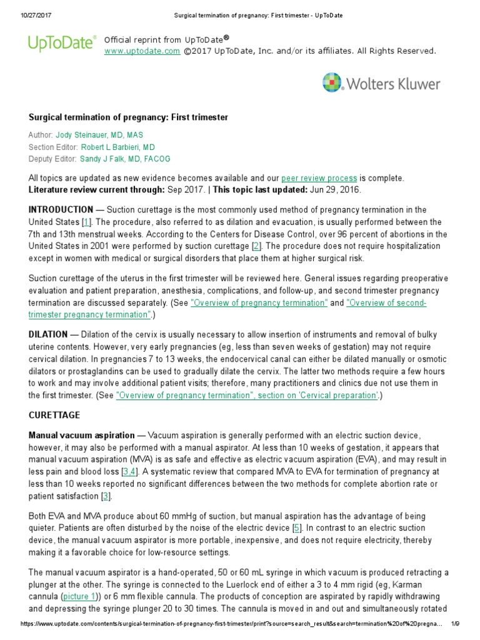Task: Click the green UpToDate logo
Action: click(61, 43)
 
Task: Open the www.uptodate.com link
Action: click(142, 51)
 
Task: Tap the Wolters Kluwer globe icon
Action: click(333, 84)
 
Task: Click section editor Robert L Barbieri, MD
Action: click(117, 147)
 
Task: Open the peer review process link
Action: click(319, 178)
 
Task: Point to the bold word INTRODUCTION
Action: click(61, 209)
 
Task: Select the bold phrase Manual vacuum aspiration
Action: click(82, 435)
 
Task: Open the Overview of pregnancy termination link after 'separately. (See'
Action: click(259, 302)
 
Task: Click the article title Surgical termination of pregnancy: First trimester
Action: click(128, 117)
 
